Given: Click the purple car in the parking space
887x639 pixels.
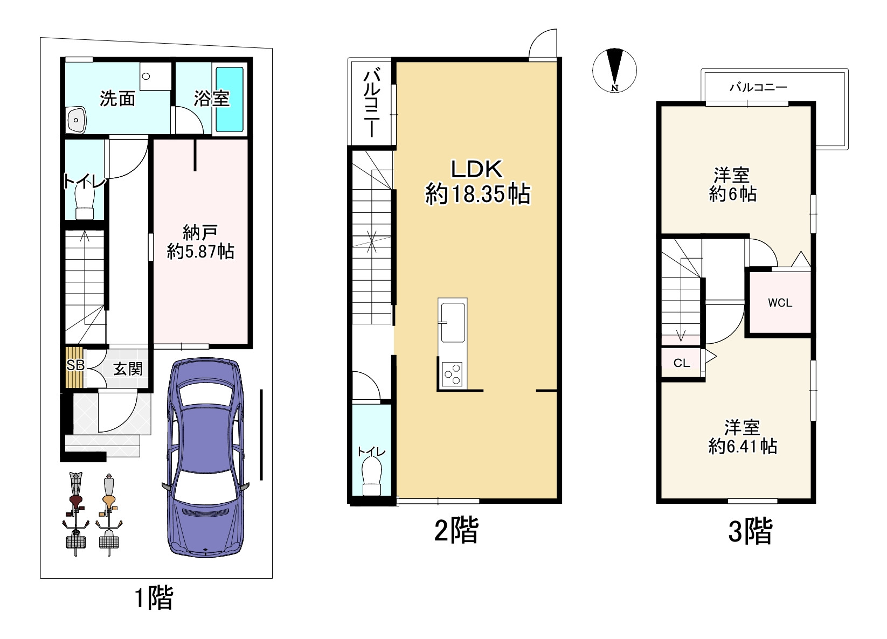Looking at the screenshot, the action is (205, 457).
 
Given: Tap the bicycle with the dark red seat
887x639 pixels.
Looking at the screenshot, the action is (75, 513).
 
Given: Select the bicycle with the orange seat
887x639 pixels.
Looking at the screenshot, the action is (109, 513).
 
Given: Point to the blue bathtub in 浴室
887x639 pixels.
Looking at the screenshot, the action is (229, 99).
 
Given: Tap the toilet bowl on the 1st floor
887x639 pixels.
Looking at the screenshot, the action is (85, 203).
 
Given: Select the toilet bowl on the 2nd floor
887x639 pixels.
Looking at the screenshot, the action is (371, 476).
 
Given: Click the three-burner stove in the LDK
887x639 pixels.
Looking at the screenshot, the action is (453, 374).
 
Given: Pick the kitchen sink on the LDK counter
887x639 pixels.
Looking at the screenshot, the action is (453, 322).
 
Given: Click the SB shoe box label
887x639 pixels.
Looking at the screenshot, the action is (75, 365).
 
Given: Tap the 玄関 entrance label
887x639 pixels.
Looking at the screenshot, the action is (128, 369).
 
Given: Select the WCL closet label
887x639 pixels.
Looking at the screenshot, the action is (780, 303).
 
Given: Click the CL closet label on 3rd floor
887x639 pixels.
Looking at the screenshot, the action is (682, 363).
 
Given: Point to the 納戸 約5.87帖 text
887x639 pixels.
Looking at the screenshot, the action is (200, 242).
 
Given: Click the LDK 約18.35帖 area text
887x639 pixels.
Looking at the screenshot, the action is (477, 182).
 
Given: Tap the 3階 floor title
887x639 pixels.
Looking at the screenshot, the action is (750, 531).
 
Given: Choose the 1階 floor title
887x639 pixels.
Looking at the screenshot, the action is (154, 598).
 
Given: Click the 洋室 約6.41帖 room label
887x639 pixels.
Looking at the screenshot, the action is (743, 437).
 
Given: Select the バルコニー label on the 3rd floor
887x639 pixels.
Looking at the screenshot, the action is (758, 87).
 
